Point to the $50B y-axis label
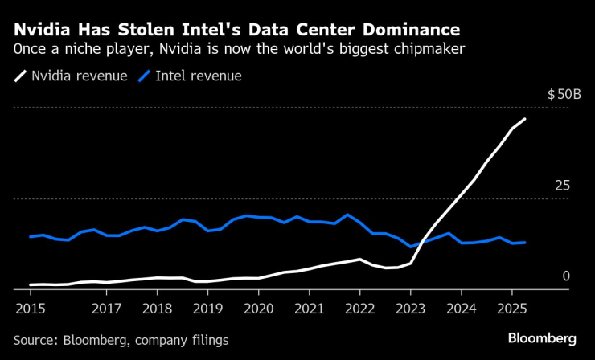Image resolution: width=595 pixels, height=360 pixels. pyautogui.click(x=564, y=94)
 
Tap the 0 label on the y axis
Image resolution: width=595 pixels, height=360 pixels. pyautogui.click(x=565, y=276)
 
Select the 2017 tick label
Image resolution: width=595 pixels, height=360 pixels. pyautogui.click(x=106, y=308)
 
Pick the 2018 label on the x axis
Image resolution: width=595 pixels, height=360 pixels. pyautogui.click(x=157, y=308)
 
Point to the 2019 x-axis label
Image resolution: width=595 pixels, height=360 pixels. pyautogui.click(x=207, y=308)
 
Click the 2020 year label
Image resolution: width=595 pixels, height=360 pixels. pyautogui.click(x=258, y=308)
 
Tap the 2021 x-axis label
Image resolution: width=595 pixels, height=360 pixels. pyautogui.click(x=309, y=308)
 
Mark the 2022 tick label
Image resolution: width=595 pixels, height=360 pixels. pyautogui.click(x=359, y=308)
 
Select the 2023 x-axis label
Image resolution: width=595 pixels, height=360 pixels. pyautogui.click(x=410, y=308)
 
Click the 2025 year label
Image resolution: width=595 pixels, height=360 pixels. pyautogui.click(x=511, y=308)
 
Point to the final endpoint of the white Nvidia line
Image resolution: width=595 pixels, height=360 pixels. pyautogui.click(x=525, y=119)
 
